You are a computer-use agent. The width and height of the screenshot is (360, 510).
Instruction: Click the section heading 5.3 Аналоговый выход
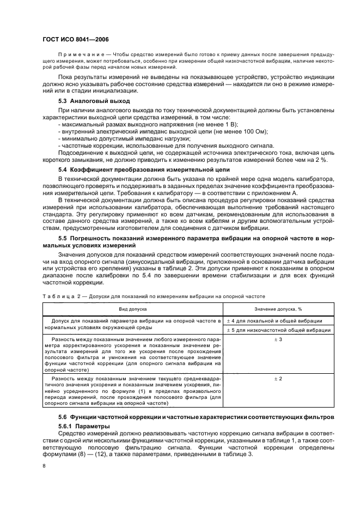point(94,101)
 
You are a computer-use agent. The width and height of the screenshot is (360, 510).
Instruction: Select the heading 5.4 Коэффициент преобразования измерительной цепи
point(144,169)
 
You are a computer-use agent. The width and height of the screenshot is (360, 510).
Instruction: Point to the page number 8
point(44,466)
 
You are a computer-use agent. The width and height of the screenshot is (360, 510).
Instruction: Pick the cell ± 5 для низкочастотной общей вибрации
point(279,330)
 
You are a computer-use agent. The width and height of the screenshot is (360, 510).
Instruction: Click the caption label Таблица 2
point(59,296)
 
